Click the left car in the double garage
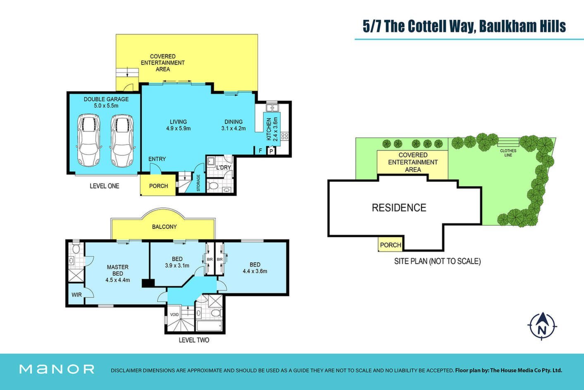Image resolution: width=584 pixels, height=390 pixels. pos(88,140)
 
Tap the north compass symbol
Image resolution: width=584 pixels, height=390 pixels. pos(542,326)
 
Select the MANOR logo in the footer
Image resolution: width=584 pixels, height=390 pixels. pos(57,369)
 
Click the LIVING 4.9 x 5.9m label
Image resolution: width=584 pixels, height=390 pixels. pos(178,125)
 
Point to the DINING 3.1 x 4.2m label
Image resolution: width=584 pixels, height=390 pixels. pos(234,125)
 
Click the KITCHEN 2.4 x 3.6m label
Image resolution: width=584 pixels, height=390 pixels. pos(272,129)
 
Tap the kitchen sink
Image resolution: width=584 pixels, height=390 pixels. pos(272,107)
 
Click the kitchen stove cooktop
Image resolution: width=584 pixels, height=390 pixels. pos(284,136)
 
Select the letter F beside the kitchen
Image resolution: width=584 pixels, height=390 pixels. pos(260,150)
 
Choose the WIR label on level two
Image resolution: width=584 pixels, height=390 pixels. pos(76,295)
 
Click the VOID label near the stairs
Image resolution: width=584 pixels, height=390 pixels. pos(174,314)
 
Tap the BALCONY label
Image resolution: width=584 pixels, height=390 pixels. pos(164,227)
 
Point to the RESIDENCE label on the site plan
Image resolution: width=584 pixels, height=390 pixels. pos(399,208)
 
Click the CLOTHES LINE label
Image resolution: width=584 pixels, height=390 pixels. pos(508,153)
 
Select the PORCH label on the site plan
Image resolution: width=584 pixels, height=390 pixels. pos(391,245)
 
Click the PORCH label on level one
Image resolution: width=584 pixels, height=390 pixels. pos(159,186)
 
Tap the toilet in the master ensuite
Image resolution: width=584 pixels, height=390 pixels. pos(76,249)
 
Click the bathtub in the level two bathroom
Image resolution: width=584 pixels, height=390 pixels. pos(210,326)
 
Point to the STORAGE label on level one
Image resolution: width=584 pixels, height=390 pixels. pos(198,183)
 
